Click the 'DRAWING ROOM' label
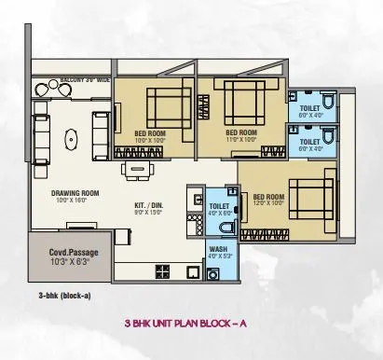75,194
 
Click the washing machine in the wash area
215,272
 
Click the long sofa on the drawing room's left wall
40,130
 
